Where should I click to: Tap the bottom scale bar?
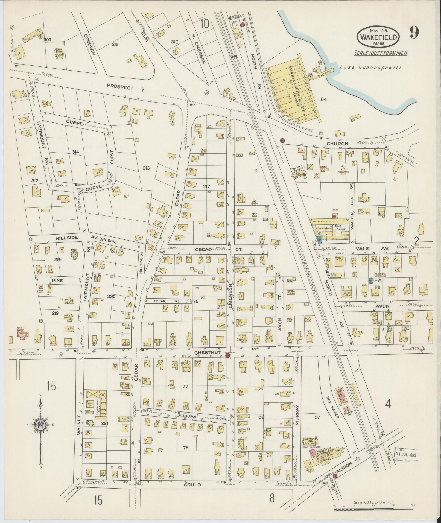click(x=374, y=509)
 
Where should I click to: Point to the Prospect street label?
click(x=120, y=87)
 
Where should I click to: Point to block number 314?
click(x=75, y=152)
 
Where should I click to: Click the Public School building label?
click(x=59, y=52)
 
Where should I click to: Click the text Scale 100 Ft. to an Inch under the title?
click(x=381, y=53)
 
